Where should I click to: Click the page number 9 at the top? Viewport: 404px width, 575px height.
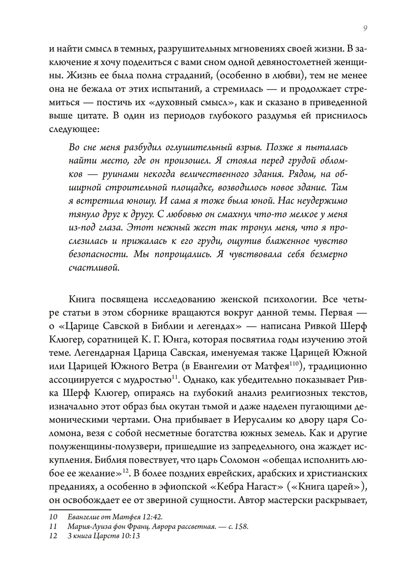[x=365, y=28]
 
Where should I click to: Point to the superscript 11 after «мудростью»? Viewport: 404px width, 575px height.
[x=175, y=377]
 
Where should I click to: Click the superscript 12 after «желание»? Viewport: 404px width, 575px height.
[x=125, y=470]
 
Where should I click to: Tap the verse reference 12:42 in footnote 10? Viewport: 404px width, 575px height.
[x=154, y=517]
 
